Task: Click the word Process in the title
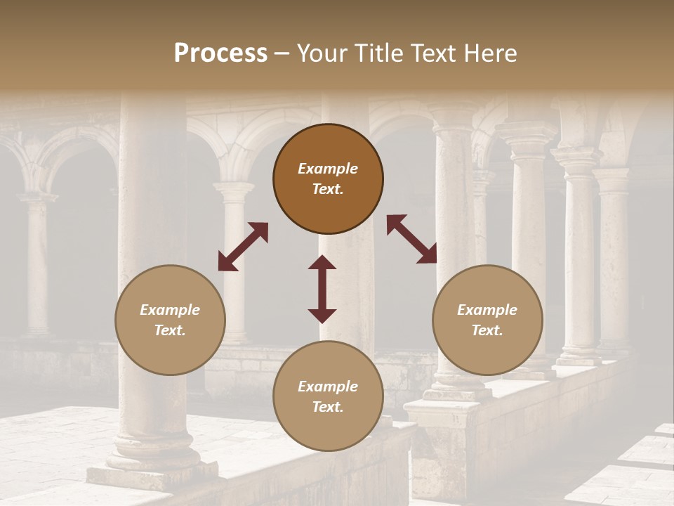point(220,53)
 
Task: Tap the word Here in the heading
point(491,53)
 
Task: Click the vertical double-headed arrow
point(322,289)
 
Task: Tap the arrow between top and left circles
point(243,247)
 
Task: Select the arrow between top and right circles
point(411,239)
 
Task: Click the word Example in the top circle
point(328,169)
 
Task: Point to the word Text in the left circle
point(170,330)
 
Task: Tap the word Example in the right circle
point(487,310)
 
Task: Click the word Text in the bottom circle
point(328,407)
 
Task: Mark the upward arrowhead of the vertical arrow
point(322,263)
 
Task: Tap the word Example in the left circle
point(170,310)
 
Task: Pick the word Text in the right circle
point(487,330)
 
